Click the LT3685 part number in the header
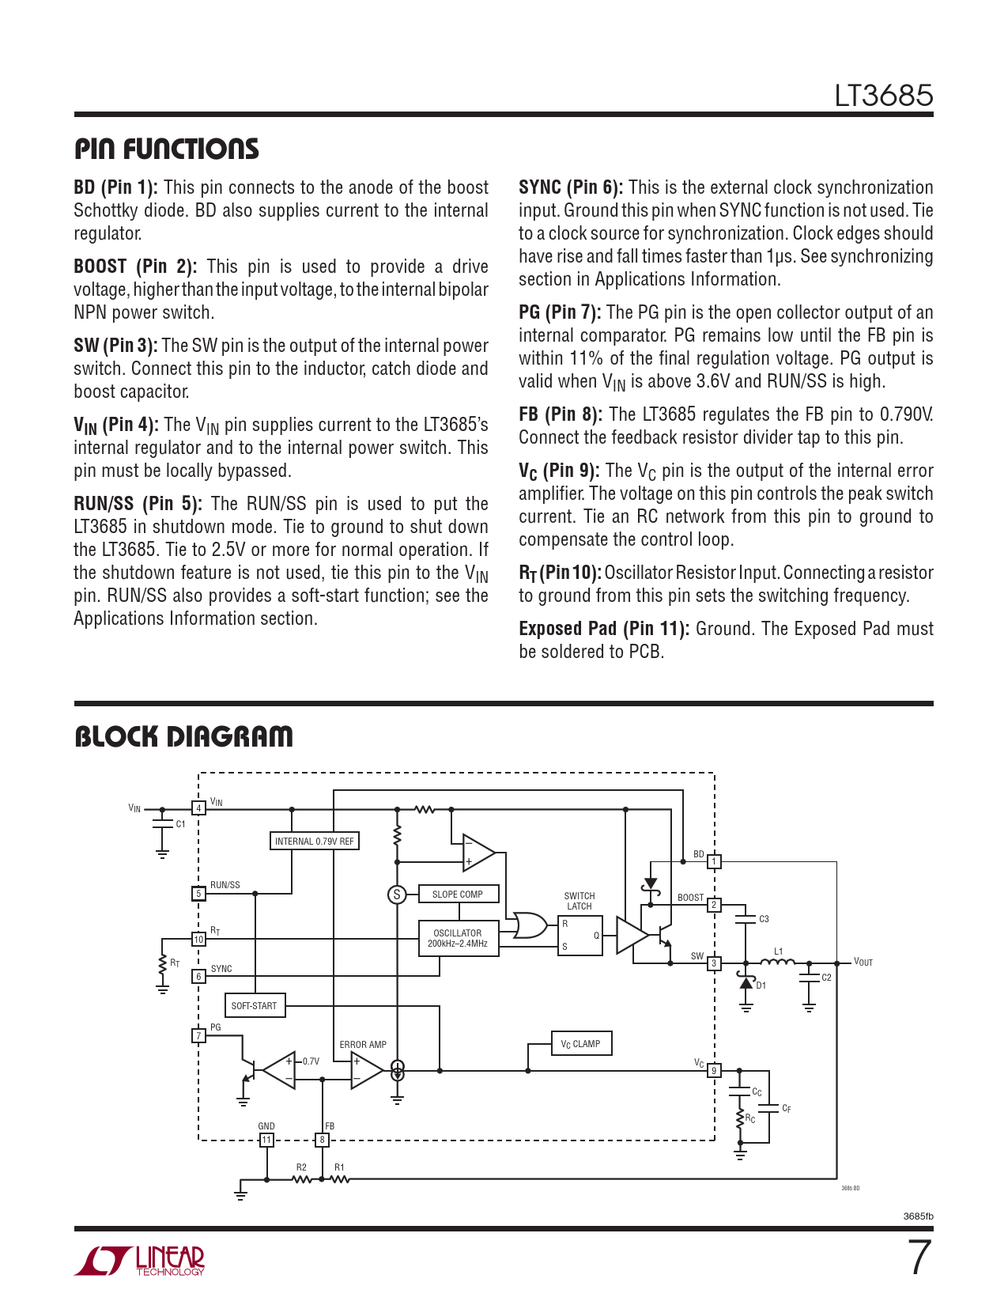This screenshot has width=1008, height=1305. click(883, 96)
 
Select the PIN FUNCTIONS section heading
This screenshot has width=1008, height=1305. click(167, 149)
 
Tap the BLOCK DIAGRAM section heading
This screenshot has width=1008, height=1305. click(183, 737)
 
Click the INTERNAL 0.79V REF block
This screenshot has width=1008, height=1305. click(315, 841)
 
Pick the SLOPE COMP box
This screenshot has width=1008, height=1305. click(458, 894)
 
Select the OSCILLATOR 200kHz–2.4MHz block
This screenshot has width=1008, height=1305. click(458, 938)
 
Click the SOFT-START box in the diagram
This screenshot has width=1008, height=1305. click(254, 1006)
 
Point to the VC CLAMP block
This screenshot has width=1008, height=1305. click(581, 1044)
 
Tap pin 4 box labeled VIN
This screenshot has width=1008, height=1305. click(198, 808)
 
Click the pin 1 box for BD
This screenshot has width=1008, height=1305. click(714, 862)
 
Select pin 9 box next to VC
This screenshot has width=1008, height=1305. click(714, 1071)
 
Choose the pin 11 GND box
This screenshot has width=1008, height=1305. click(266, 1140)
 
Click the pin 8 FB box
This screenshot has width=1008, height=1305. click(322, 1140)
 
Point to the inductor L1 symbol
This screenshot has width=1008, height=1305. click(777, 962)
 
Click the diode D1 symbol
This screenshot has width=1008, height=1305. click(746, 983)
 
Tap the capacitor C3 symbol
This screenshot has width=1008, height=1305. click(745, 919)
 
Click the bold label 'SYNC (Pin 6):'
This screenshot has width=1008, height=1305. click(570, 187)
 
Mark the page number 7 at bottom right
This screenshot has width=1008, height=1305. click(919, 1258)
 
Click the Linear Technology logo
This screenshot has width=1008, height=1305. click(140, 1261)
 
